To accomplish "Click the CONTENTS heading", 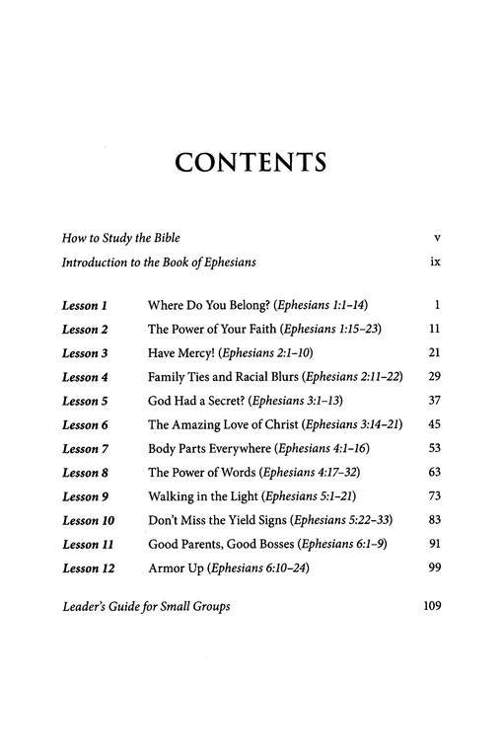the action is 251,162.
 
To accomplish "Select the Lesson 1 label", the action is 85,305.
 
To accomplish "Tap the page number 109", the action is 430,606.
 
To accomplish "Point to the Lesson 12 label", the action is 88,569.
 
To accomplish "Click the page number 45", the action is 434,425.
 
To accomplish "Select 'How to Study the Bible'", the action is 120,238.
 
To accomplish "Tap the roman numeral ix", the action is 435,263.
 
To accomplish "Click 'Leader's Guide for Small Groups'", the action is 146,606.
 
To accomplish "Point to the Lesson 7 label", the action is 85,449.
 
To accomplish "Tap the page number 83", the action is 434,521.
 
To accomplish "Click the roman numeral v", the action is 436,238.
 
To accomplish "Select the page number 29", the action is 434,377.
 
